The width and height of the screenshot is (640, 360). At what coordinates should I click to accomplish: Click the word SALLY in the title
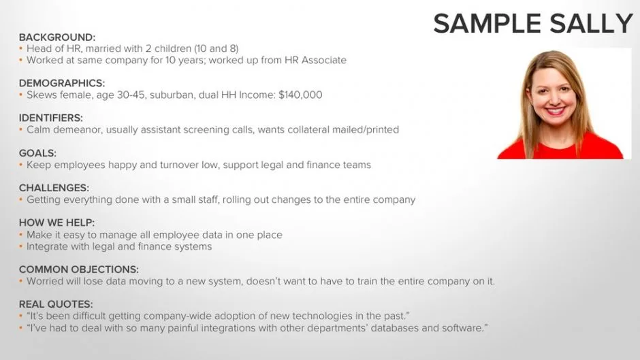(x=592, y=24)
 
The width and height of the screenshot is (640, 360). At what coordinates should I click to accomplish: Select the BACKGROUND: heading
(x=57, y=37)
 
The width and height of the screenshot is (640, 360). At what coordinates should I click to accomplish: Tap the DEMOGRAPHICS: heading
(x=62, y=83)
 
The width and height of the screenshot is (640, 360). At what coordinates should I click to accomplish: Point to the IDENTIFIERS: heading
(x=50, y=118)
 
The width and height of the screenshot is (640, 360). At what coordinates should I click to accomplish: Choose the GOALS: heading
(x=37, y=153)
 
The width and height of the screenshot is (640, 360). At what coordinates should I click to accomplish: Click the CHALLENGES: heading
(x=54, y=188)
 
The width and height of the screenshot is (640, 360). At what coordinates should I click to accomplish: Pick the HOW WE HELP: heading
(x=57, y=223)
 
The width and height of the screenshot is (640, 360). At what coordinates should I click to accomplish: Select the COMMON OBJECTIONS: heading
(x=79, y=269)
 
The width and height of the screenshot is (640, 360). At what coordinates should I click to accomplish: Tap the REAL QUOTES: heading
(x=56, y=304)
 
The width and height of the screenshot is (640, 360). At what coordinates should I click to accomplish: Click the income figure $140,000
(x=300, y=95)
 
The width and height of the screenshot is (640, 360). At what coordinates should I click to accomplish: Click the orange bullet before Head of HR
(x=21, y=48)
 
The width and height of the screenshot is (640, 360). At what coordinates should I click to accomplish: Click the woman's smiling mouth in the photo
(x=556, y=110)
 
